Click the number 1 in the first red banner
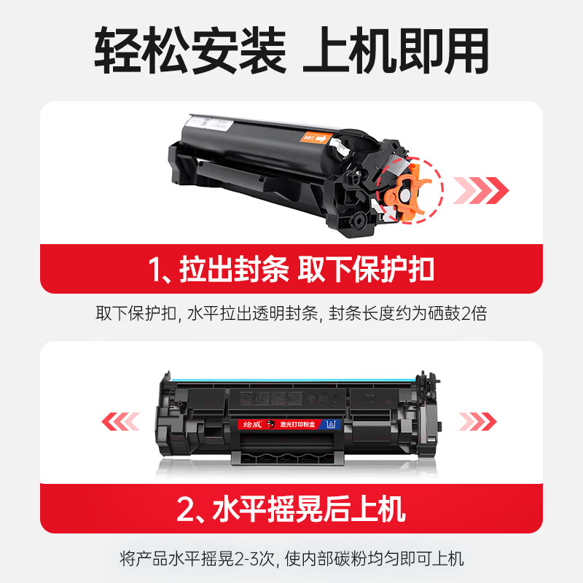(157, 270)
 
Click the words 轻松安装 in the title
(190, 50)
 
